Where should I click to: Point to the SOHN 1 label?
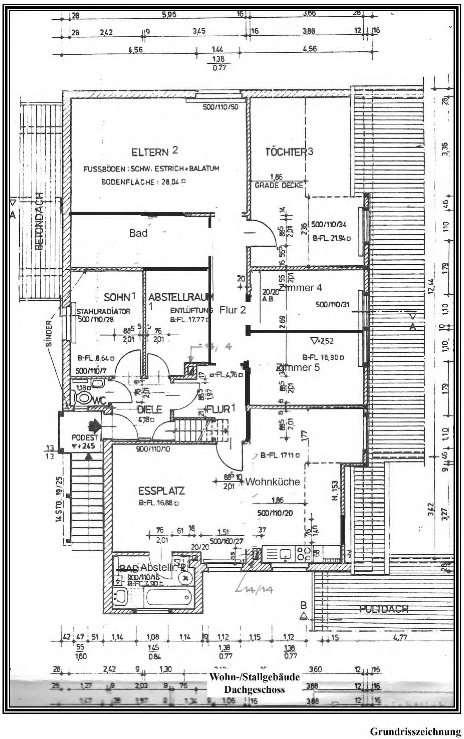tap(120, 297)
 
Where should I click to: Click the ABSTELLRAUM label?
tap(181, 297)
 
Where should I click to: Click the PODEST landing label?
tap(80, 437)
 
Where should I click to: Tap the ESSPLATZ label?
tap(162, 491)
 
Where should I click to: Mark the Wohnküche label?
tap(273, 482)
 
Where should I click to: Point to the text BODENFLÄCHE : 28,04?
tap(143, 182)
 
